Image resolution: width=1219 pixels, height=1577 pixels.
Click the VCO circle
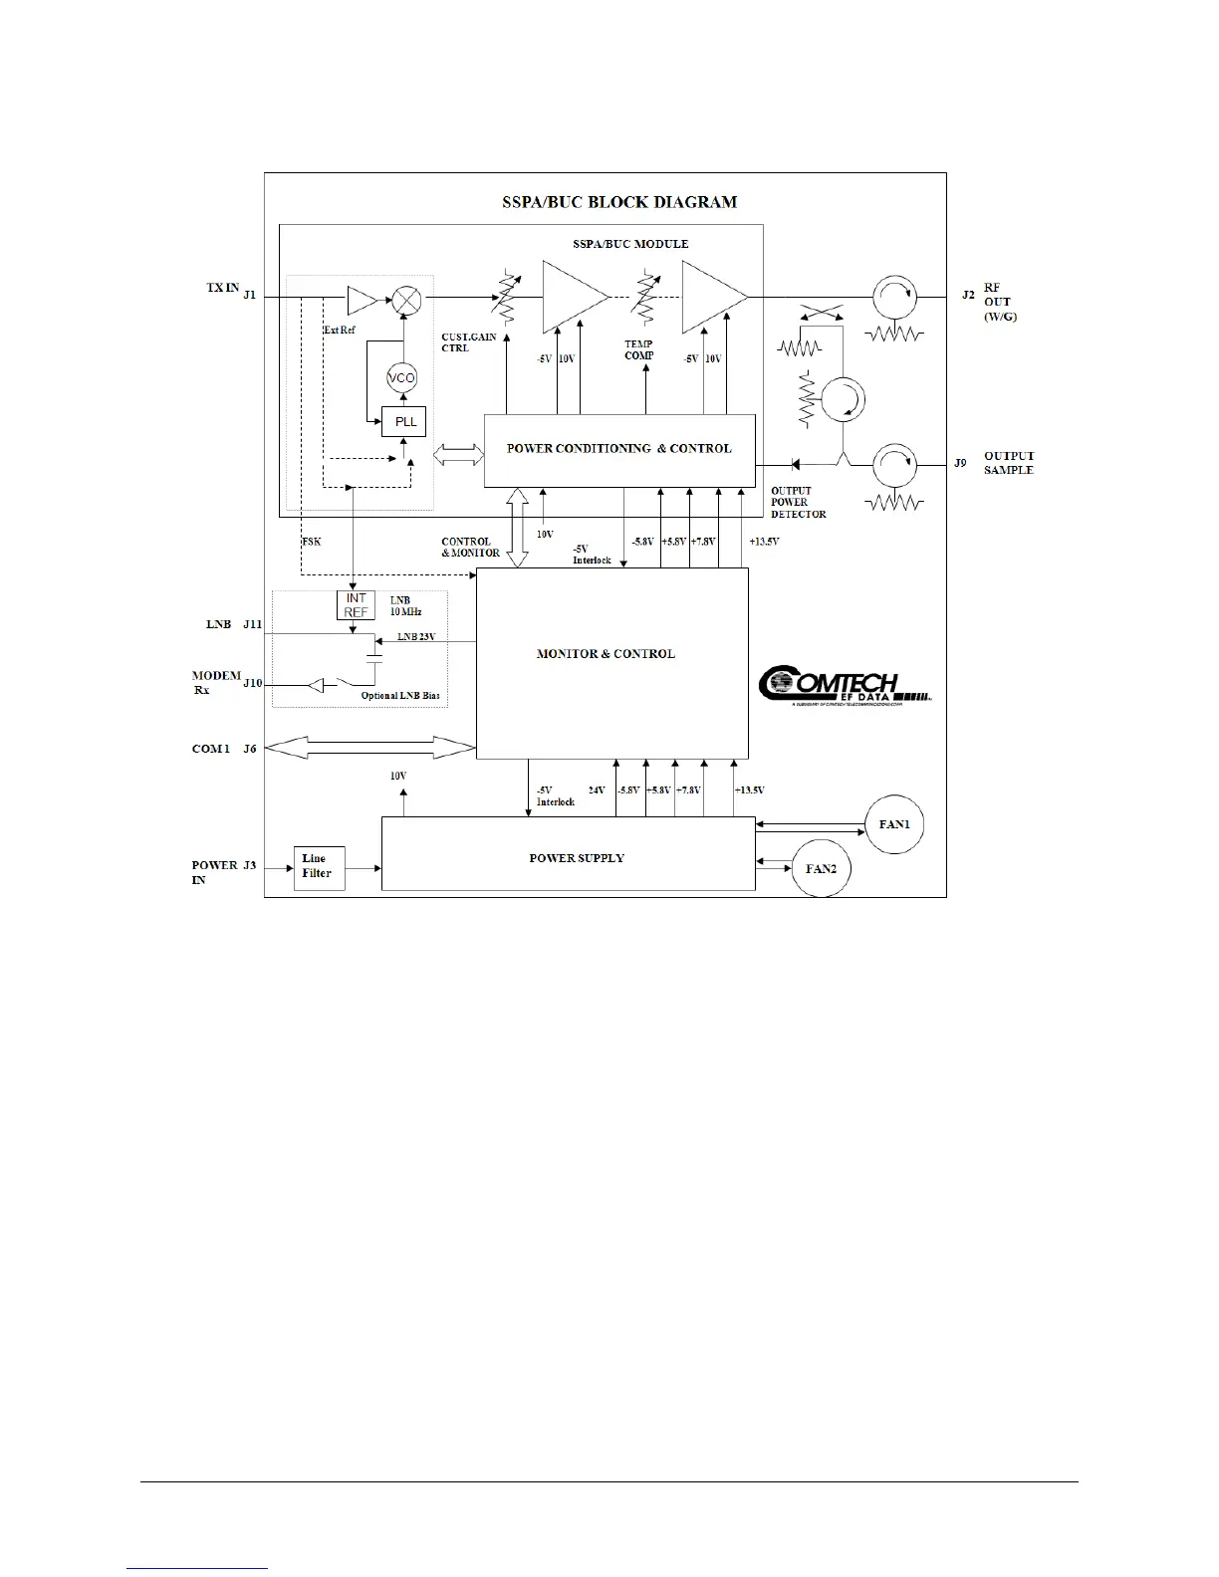coord(401,378)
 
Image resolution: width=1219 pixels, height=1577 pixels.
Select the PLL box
coord(404,421)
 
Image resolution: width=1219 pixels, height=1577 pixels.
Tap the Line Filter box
coord(319,867)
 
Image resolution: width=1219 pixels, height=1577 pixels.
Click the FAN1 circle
coord(894,824)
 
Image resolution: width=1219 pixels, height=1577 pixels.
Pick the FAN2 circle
coord(821,869)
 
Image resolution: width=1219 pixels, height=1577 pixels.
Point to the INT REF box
coord(356,605)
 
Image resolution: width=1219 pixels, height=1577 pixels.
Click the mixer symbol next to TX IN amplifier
coord(406,298)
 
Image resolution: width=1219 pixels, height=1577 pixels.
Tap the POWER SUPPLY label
coord(577,858)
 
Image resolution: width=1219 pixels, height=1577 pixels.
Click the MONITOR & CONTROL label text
coord(606,654)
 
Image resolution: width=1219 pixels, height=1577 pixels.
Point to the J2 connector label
coord(968,295)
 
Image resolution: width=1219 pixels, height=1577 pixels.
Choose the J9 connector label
coord(960,463)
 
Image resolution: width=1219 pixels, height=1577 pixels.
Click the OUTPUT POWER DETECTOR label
coord(798,502)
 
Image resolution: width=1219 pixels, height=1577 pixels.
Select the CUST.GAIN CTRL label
coord(468,342)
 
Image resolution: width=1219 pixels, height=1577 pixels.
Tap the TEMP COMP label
coord(639,349)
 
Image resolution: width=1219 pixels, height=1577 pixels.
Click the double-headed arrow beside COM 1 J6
coord(369,748)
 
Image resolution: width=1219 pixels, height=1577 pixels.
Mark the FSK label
coord(311,542)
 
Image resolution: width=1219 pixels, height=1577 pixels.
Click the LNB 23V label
coord(416,637)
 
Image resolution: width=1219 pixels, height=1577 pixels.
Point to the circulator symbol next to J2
coord(892,297)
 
